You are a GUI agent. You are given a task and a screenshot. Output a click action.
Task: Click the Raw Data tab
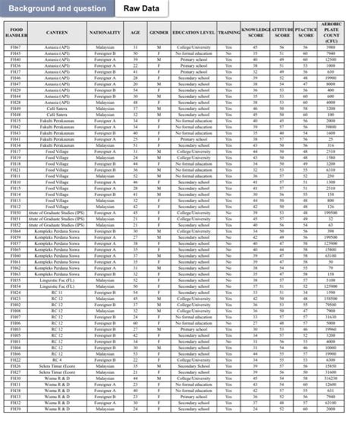coord(146,8)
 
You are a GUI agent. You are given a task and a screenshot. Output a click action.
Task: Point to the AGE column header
coord(134,34)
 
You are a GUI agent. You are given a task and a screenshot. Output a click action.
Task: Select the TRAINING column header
coord(229,34)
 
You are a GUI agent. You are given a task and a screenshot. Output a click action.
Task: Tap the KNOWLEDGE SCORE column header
coord(255,34)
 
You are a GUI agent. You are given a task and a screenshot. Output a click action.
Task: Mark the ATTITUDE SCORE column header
coord(282,34)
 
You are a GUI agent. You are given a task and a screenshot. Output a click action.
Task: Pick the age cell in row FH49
coord(134,109)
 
